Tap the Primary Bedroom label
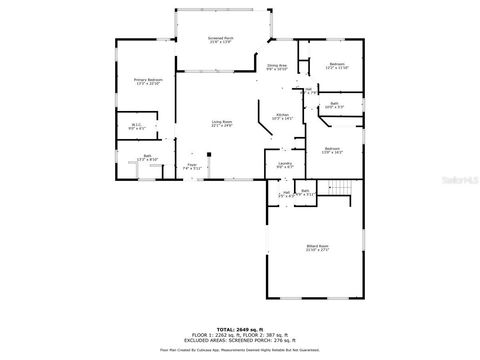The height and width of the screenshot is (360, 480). pyautogui.click(x=148, y=82)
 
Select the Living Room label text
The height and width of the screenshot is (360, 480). pyautogui.click(x=221, y=123)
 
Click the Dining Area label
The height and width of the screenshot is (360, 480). pyautogui.click(x=277, y=66)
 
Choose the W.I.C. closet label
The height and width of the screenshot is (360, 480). pyautogui.click(x=136, y=126)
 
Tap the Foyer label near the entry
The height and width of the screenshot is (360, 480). pyautogui.click(x=193, y=167)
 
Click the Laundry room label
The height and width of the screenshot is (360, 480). pyautogui.click(x=283, y=165)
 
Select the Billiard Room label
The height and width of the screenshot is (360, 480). pyautogui.click(x=317, y=247)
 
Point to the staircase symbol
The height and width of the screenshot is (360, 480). pyautogui.click(x=342, y=189)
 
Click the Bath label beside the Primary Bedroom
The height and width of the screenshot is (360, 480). pyautogui.click(x=147, y=157)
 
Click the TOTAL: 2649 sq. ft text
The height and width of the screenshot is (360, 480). pyautogui.click(x=240, y=327)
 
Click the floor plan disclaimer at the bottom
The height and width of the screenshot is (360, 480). pyautogui.click(x=240, y=350)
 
